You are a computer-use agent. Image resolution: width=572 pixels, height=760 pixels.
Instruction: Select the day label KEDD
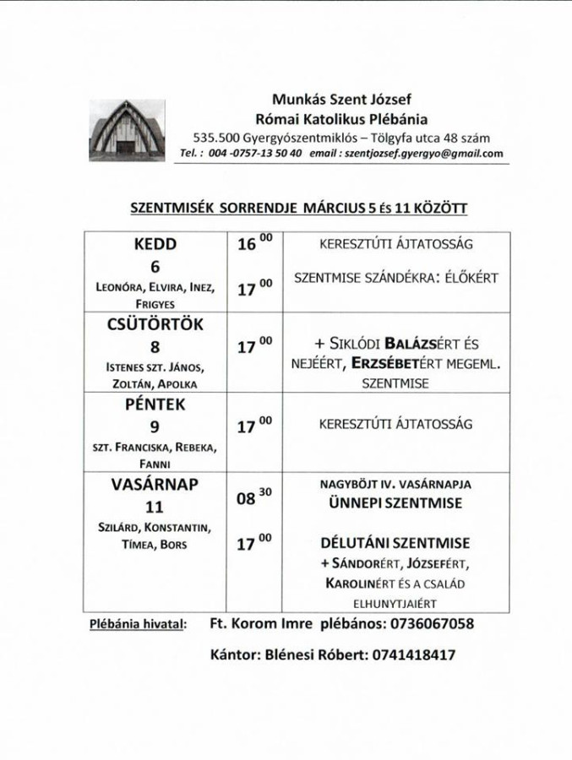(x=155, y=245)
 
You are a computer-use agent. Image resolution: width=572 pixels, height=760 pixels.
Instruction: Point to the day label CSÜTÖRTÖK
(x=156, y=325)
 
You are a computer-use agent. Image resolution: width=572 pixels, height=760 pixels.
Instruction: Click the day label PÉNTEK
(x=156, y=405)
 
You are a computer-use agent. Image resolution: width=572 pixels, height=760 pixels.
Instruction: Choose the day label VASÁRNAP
(x=155, y=486)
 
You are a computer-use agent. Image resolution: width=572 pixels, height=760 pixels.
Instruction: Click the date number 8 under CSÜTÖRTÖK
(x=155, y=347)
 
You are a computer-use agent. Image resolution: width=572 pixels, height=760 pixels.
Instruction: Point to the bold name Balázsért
(x=408, y=345)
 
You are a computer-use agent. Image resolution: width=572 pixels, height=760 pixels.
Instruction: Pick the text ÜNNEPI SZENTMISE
(x=395, y=503)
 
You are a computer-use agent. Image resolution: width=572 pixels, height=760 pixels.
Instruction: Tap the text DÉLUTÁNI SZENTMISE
(x=395, y=543)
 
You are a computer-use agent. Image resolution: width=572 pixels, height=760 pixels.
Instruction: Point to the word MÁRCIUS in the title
(x=324, y=207)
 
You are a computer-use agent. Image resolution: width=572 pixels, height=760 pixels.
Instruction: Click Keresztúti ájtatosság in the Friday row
(x=395, y=426)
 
